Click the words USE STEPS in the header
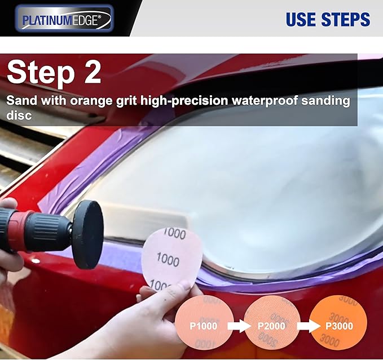pyautogui.click(x=327, y=19)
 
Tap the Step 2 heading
pyautogui.click(x=54, y=73)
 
